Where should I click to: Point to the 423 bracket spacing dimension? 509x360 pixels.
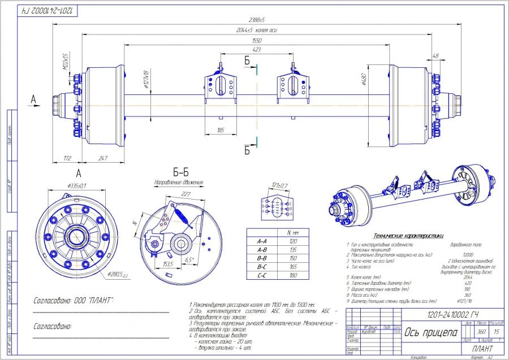pos(257,50)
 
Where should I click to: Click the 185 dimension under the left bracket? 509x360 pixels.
pos(221,130)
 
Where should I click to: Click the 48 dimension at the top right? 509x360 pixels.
pos(435,56)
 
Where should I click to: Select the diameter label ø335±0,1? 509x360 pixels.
pos(77,186)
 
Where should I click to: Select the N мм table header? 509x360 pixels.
pos(292,232)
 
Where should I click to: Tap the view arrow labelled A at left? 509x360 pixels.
pos(33,99)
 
